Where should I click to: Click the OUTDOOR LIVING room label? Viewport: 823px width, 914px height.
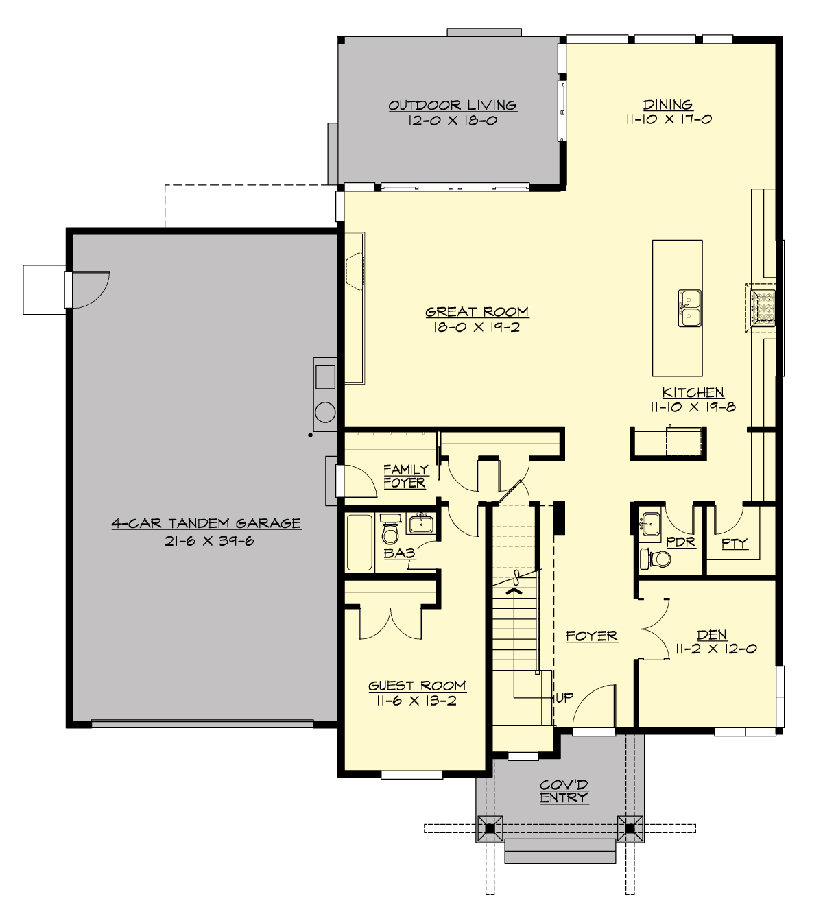[x=452, y=106]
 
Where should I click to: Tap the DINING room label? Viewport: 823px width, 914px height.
[x=667, y=105]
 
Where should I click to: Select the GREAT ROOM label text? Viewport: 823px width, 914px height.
[x=477, y=312]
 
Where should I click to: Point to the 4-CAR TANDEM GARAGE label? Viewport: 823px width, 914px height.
[x=206, y=523]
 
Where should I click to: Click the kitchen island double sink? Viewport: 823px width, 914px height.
[x=690, y=308]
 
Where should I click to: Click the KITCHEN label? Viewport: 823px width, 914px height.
[x=693, y=392]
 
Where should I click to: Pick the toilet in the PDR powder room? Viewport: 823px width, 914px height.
[x=660, y=559]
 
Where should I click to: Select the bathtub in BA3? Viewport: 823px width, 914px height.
[x=359, y=542]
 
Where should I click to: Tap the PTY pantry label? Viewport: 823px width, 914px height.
[x=734, y=544]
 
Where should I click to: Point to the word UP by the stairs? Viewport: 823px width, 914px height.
[x=564, y=698]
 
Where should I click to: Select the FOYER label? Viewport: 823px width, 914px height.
[x=592, y=636]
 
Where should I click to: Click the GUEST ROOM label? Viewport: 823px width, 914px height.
[x=417, y=686]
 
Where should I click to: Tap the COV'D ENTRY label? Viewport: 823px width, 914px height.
[x=564, y=791]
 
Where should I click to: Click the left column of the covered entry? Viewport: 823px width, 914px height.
[x=490, y=828]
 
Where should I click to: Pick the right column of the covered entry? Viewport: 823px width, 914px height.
[x=630, y=828]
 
